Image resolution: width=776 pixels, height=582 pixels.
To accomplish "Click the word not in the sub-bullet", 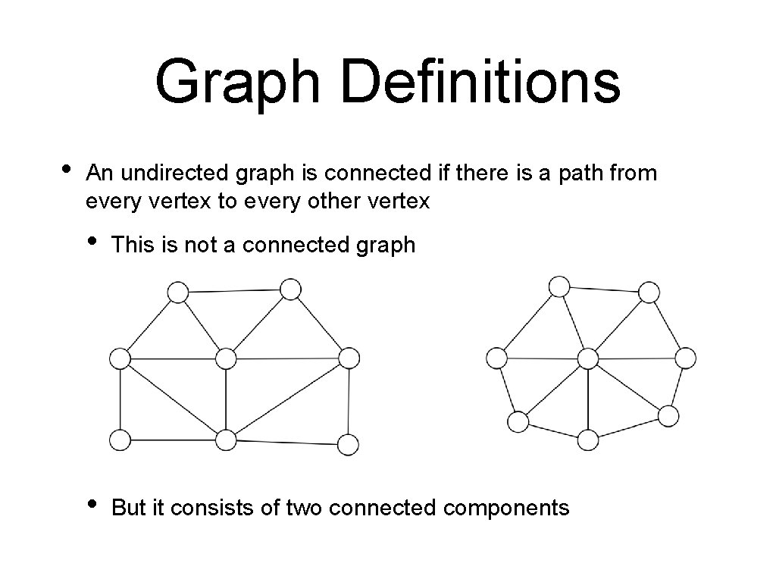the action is click(200, 245).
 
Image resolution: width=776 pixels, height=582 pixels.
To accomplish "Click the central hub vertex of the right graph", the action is click(588, 358).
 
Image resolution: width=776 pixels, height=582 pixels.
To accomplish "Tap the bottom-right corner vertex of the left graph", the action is click(347, 444).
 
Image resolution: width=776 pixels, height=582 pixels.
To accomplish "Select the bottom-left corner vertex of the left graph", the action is click(120, 439).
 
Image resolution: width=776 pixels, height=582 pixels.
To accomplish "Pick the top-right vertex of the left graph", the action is click(290, 289).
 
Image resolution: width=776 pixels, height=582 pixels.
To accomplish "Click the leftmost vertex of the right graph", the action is click(496, 358).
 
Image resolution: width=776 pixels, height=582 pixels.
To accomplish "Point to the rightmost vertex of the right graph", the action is click(684, 358).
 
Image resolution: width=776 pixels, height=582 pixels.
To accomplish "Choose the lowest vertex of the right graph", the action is click(588, 440).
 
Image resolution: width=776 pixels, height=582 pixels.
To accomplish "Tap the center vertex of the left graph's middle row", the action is click(226, 358).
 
